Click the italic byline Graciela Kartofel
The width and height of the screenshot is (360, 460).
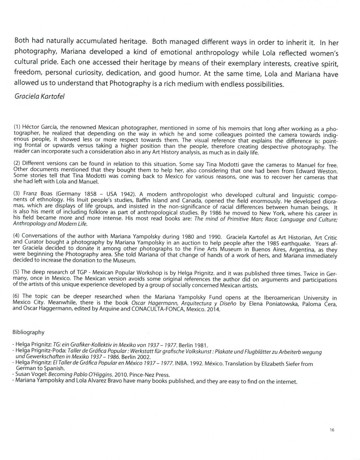pyautogui.click(x=39, y=96)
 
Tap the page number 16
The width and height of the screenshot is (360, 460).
pyautogui.click(x=332, y=430)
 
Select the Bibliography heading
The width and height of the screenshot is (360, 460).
pyautogui.click(x=29, y=332)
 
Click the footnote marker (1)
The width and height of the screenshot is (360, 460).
pyautogui.click(x=17, y=127)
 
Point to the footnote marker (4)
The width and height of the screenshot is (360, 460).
pyautogui.click(x=17, y=235)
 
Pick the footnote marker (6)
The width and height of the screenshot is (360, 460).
pyautogui.click(x=17, y=296)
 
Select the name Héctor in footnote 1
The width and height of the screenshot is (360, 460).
pyautogui.click(x=31, y=127)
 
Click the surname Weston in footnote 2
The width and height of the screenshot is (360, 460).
pyautogui.click(x=327, y=171)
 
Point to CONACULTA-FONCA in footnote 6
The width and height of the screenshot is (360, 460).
pyautogui.click(x=157, y=309)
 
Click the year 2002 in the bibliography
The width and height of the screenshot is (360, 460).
pyautogui.click(x=143, y=357)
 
